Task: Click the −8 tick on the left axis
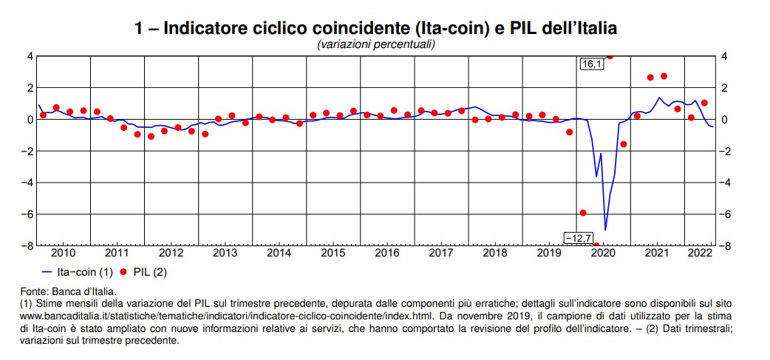(x=28, y=246)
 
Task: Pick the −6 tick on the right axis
(x=726, y=214)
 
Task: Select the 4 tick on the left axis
(x=30, y=56)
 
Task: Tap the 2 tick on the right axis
(x=725, y=88)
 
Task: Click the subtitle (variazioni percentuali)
(x=376, y=44)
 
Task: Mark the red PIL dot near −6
(x=583, y=213)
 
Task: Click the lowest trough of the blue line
(x=606, y=230)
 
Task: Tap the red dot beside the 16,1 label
(x=610, y=56)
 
